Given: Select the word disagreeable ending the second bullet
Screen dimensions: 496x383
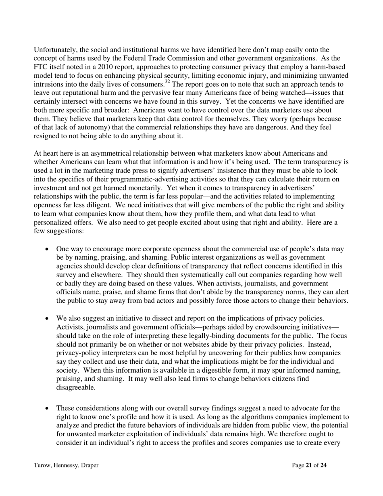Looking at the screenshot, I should [x=76, y=388].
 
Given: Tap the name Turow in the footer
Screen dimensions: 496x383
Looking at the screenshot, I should [x=42, y=465].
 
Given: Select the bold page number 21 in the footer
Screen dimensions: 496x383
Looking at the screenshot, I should [x=309, y=465].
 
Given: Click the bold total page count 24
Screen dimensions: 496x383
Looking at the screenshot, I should [x=323, y=465].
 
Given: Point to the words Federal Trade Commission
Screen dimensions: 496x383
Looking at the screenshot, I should [x=170, y=58].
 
